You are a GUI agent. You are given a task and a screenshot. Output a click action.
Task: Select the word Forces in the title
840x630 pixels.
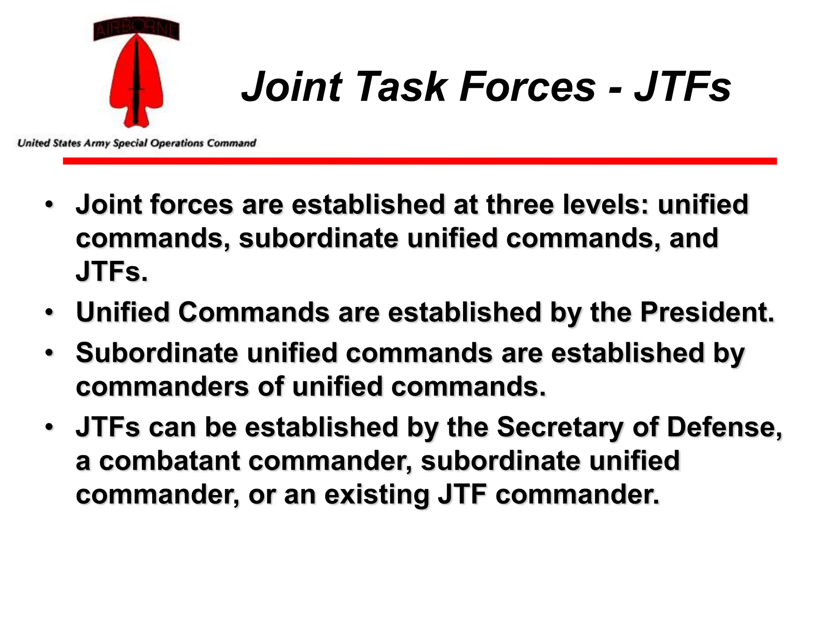click(x=527, y=87)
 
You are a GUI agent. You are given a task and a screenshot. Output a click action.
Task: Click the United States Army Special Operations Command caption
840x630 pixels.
click(x=137, y=143)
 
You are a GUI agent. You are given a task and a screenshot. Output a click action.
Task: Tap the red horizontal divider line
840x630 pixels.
click(x=419, y=161)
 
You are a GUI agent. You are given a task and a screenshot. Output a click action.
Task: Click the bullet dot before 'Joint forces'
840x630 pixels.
click(x=50, y=204)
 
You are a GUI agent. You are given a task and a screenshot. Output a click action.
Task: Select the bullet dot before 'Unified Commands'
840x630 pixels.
click(x=50, y=312)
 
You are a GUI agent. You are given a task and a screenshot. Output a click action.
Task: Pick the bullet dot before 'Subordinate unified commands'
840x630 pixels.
click(x=50, y=352)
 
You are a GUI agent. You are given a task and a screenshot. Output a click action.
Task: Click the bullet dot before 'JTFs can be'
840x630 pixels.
click(x=50, y=427)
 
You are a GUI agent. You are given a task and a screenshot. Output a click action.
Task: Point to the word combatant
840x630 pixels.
click(x=169, y=461)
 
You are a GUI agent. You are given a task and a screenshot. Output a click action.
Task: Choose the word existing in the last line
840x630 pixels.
click(x=377, y=495)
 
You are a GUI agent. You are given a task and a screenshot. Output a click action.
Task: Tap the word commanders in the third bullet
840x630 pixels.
click(x=162, y=386)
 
